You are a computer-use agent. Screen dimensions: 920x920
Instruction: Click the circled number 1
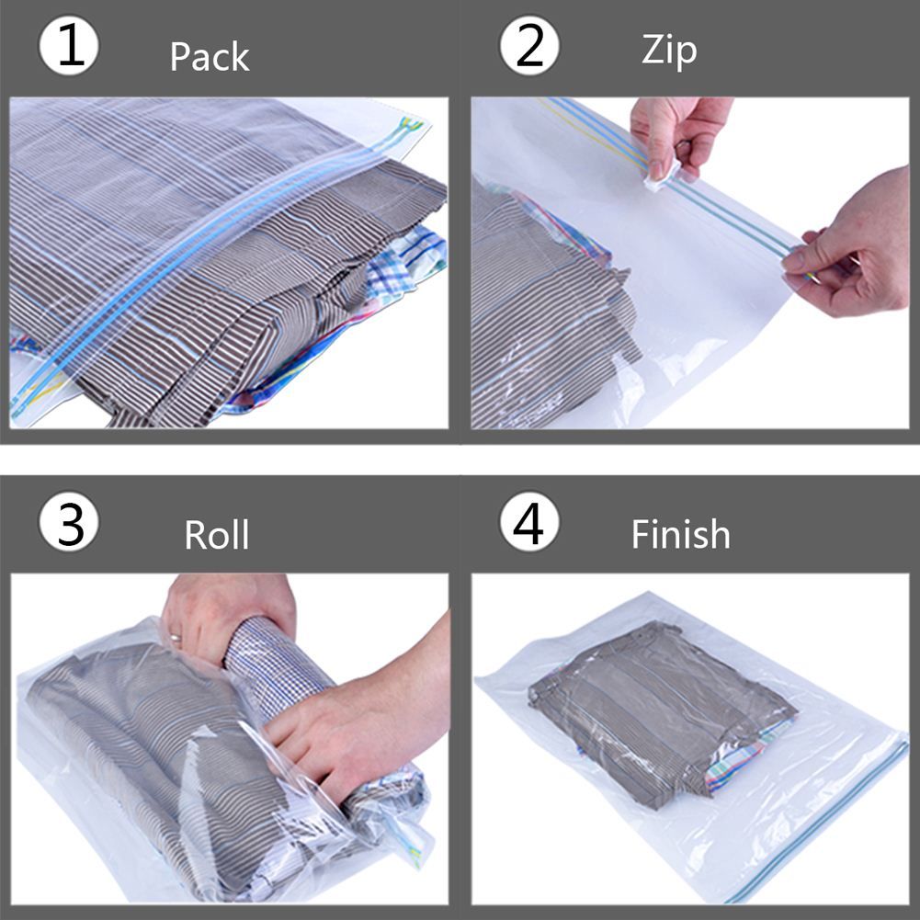click(69, 47)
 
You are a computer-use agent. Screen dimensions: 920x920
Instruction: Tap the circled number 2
click(529, 47)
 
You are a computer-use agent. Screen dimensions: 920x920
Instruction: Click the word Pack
click(210, 57)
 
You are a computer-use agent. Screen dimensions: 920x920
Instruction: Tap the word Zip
click(669, 51)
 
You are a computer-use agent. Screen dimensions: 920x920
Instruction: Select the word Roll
click(217, 534)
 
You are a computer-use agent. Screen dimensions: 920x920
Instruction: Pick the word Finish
click(681, 534)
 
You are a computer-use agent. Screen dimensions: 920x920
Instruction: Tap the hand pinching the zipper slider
click(678, 133)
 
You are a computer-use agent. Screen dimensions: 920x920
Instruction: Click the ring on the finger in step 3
click(175, 636)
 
